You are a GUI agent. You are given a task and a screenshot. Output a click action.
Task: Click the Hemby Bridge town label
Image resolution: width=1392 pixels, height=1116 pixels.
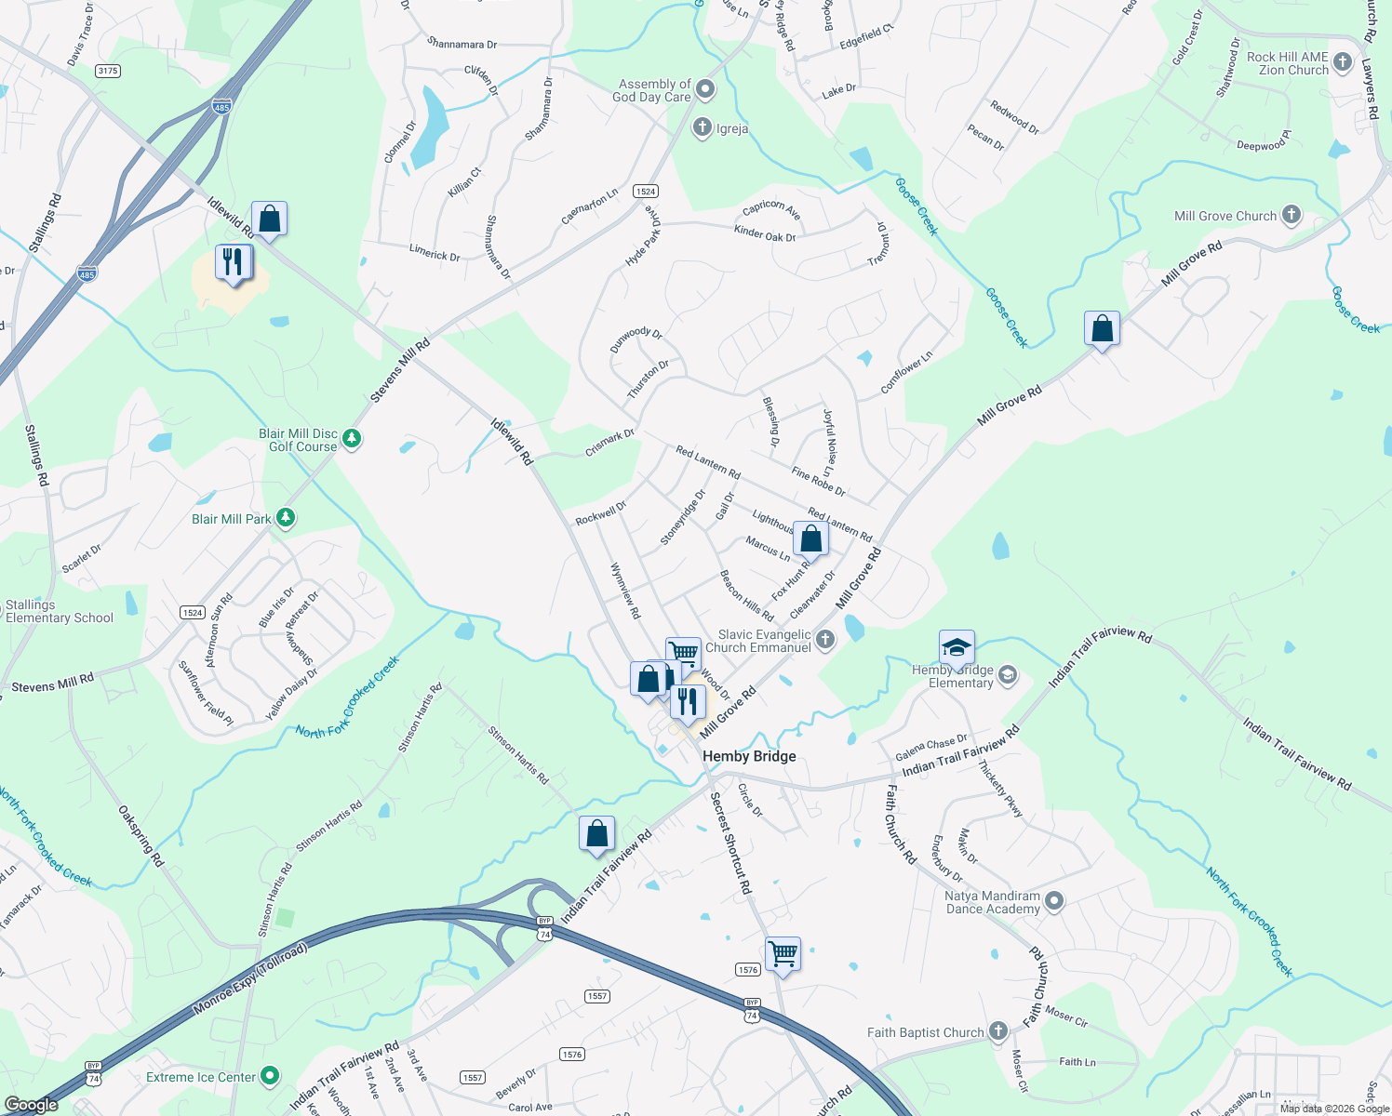[x=749, y=756]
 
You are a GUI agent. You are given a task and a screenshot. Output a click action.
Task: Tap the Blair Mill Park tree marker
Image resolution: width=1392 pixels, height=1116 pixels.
[x=286, y=518]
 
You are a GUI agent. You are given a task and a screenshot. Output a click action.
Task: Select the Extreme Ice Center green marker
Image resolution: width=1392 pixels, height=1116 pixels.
[x=270, y=1076]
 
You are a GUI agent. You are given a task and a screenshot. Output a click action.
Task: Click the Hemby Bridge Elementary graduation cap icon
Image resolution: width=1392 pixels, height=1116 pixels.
[x=957, y=646]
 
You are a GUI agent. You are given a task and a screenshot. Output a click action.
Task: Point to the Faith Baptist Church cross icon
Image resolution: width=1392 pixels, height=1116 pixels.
[x=997, y=1031]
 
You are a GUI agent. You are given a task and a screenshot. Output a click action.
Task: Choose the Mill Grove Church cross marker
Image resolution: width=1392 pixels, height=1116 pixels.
[x=1291, y=215]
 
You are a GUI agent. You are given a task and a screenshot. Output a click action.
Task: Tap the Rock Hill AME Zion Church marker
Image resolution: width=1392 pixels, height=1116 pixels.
[x=1342, y=62]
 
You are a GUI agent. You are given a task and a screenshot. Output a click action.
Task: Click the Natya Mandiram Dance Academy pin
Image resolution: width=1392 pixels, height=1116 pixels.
[x=1053, y=901]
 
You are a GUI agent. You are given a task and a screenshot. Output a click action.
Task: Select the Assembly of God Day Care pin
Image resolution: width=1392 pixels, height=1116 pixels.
[x=705, y=89]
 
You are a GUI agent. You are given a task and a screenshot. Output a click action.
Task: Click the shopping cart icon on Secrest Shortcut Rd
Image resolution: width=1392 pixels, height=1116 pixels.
[x=783, y=953]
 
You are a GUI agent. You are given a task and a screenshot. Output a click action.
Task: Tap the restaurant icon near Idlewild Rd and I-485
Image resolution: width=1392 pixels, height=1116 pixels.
[x=233, y=261]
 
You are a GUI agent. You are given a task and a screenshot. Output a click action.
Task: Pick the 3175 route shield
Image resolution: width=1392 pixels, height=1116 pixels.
[x=108, y=71]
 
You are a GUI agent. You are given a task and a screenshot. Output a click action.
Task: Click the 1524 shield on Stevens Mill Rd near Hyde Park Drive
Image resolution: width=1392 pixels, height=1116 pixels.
[x=645, y=191]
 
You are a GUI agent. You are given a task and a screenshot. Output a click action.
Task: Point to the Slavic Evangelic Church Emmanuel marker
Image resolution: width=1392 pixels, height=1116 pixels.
[x=824, y=639]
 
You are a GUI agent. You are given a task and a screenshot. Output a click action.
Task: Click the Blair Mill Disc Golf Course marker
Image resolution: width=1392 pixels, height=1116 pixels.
[x=352, y=438]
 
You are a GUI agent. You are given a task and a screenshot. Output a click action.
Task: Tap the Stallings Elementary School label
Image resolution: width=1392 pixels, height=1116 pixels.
[x=59, y=611]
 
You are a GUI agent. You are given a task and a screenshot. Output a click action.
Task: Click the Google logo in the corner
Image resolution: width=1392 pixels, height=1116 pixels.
[x=31, y=1104]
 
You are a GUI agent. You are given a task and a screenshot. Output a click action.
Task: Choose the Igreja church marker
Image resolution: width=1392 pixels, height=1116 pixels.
[x=703, y=127]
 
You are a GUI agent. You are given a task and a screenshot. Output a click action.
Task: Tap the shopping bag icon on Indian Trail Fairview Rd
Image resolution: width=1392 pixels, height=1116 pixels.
[x=596, y=833]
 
